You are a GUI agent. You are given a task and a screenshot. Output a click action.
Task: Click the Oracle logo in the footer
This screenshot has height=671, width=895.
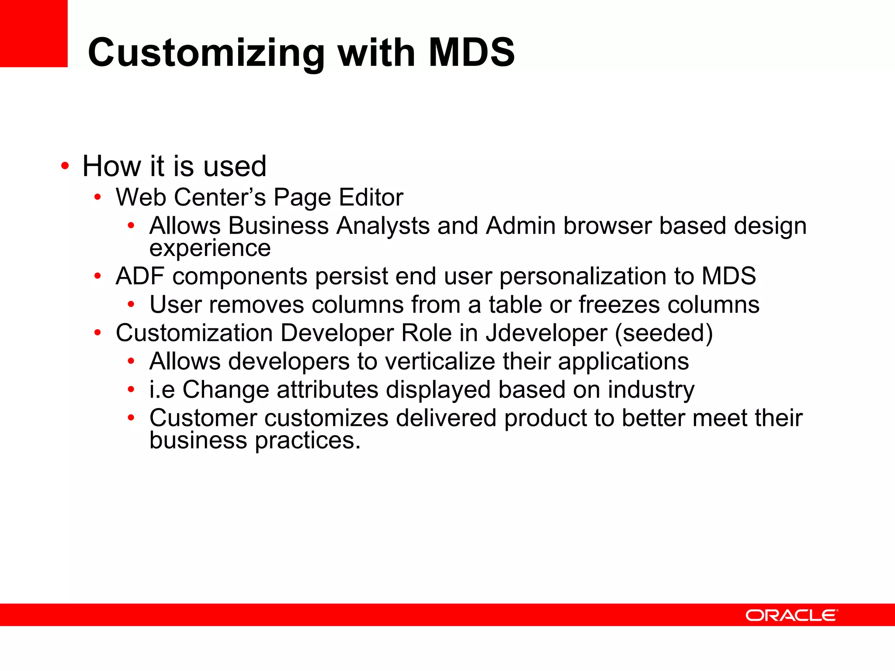coord(791,615)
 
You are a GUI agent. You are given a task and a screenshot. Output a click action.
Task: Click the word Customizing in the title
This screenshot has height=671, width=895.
coord(206,53)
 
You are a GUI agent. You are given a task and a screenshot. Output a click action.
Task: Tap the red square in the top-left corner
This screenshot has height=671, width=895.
coord(34,33)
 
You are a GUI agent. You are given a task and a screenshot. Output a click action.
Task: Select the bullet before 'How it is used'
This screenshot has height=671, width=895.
coord(65,166)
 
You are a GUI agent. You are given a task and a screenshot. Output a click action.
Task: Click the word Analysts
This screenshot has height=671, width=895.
coord(383,226)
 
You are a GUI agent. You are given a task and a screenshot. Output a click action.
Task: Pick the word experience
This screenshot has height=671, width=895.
coord(210,249)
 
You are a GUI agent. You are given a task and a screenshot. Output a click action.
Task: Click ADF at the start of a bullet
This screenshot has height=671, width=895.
coord(140,276)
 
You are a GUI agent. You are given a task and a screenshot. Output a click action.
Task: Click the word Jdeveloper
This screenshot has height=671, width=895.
coord(546,333)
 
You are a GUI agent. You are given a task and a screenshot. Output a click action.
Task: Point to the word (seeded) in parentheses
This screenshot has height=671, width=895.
coord(664,333)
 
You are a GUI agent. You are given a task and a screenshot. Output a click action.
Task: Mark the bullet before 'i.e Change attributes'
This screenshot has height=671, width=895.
coord(131,389)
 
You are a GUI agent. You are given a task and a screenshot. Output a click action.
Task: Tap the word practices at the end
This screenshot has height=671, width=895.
coord(308,441)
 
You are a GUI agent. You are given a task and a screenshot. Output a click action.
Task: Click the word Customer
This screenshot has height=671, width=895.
coord(203,418)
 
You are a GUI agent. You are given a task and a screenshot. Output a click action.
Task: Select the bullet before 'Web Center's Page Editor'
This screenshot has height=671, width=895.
coord(97,197)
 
